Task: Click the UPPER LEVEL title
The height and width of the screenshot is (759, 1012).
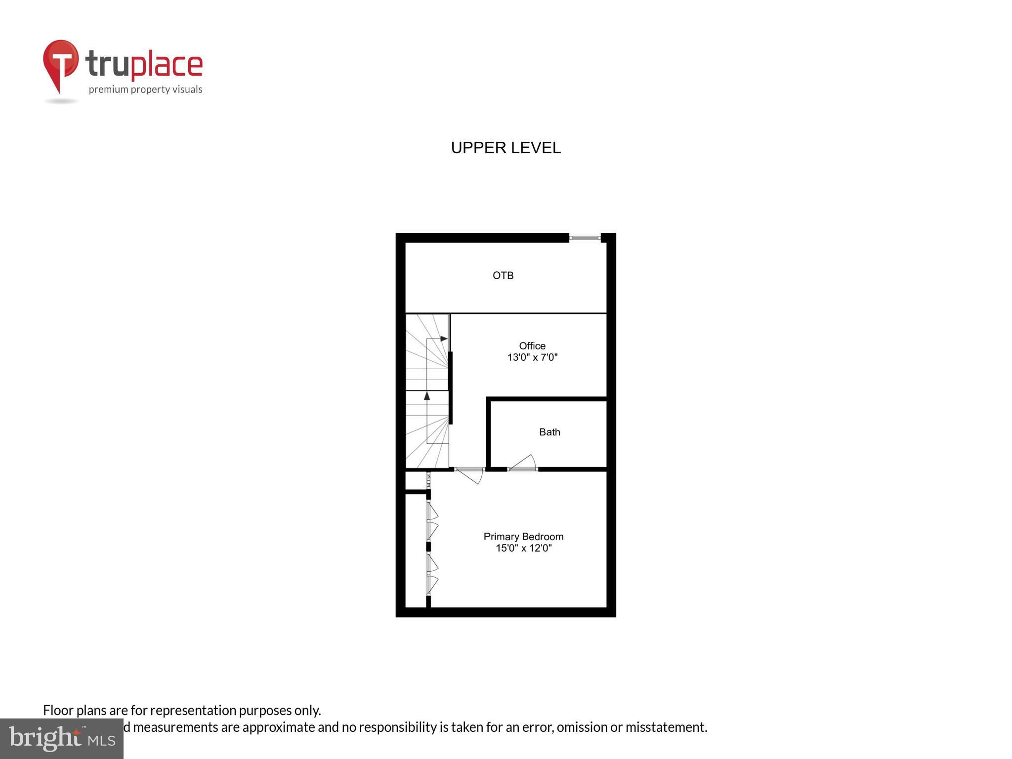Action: point(506,148)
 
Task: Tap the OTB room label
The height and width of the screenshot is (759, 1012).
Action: point(503,276)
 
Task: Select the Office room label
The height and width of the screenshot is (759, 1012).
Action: point(532,346)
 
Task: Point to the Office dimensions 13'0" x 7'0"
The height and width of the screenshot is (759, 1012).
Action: point(532,357)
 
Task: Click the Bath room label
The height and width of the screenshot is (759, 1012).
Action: point(549,432)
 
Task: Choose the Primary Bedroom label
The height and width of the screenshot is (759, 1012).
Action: point(523,537)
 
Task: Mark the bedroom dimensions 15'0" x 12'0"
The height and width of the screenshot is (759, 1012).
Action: point(523,548)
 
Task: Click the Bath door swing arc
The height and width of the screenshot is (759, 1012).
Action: point(524,462)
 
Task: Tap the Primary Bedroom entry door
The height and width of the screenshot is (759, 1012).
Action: point(470,475)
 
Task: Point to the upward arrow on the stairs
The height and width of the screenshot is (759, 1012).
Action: point(427,396)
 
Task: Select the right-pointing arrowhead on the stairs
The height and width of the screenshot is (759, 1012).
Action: point(444,338)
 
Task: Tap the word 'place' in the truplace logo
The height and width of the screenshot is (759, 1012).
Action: point(167,65)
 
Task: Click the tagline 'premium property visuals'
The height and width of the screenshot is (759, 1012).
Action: point(145,89)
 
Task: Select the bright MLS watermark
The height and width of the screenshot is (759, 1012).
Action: point(62,739)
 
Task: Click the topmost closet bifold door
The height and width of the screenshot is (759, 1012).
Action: point(432,512)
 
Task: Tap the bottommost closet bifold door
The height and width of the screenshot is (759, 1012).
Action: point(432,584)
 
